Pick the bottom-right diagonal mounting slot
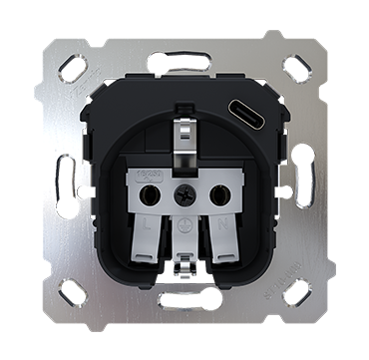click(x=298, y=293)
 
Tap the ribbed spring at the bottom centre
click(x=185, y=302)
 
